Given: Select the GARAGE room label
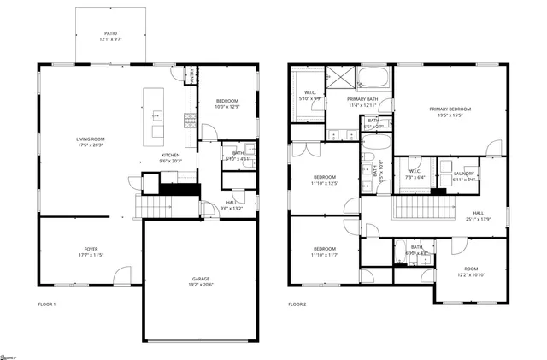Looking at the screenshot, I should pyautogui.click(x=201, y=280).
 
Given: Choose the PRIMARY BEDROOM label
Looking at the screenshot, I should pyautogui.click(x=450, y=109).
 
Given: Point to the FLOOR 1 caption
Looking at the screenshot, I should pyautogui.click(x=47, y=304).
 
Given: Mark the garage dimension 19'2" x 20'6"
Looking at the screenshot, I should pyautogui.click(x=201, y=286).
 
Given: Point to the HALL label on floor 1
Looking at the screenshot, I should pyautogui.click(x=232, y=202).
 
